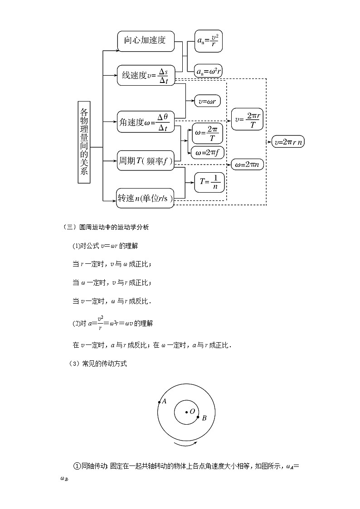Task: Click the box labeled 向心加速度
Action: tap(145, 40)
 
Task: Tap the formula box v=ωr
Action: tap(207, 102)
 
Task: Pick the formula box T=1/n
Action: tap(209, 182)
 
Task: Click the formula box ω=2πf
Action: tap(208, 152)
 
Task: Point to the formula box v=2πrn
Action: tap(288, 142)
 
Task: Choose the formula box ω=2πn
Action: tap(247, 165)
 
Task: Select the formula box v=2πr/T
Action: tap(247, 119)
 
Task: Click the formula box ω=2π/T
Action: tap(208, 133)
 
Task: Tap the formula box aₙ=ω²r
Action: tap(208, 71)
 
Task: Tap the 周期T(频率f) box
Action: tap(146, 160)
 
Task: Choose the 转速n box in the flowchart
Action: tap(145, 198)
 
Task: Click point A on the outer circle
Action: tap(159, 402)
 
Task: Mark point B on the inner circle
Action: tap(198, 417)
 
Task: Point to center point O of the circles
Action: tap(186, 412)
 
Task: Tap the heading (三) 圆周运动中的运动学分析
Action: tap(106, 228)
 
